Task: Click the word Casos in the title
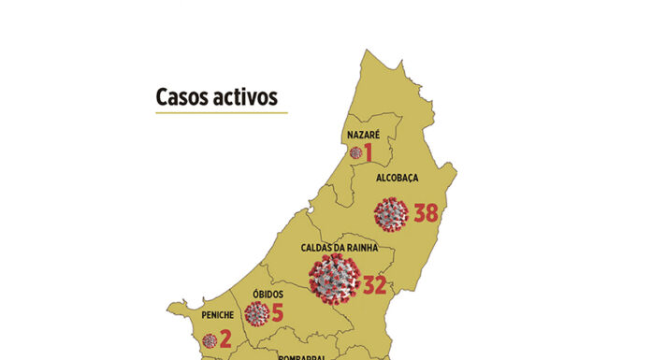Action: point(181,97)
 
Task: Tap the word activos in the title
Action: point(244,97)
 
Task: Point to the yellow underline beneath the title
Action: point(221,113)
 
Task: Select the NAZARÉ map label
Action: point(362,135)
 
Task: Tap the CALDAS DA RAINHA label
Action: point(339,248)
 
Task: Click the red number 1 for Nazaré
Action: point(369,152)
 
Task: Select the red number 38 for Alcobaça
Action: point(426,213)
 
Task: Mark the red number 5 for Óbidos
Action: point(277,312)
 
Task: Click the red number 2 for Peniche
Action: point(225,340)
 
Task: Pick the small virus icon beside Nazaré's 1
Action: point(355,152)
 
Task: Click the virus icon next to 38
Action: point(391,214)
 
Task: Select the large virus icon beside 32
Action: point(335,279)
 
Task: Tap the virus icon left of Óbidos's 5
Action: point(257,313)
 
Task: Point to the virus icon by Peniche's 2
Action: point(210,341)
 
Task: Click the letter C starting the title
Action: point(162,97)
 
